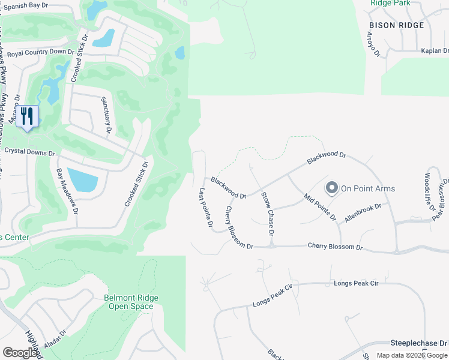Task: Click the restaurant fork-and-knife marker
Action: tap(27, 116)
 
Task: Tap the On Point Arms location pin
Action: tap(331, 188)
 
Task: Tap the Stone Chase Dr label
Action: tap(267, 213)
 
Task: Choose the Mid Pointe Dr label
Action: tap(321, 207)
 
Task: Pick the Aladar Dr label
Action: tap(55, 339)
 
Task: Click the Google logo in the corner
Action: tap(20, 353)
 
